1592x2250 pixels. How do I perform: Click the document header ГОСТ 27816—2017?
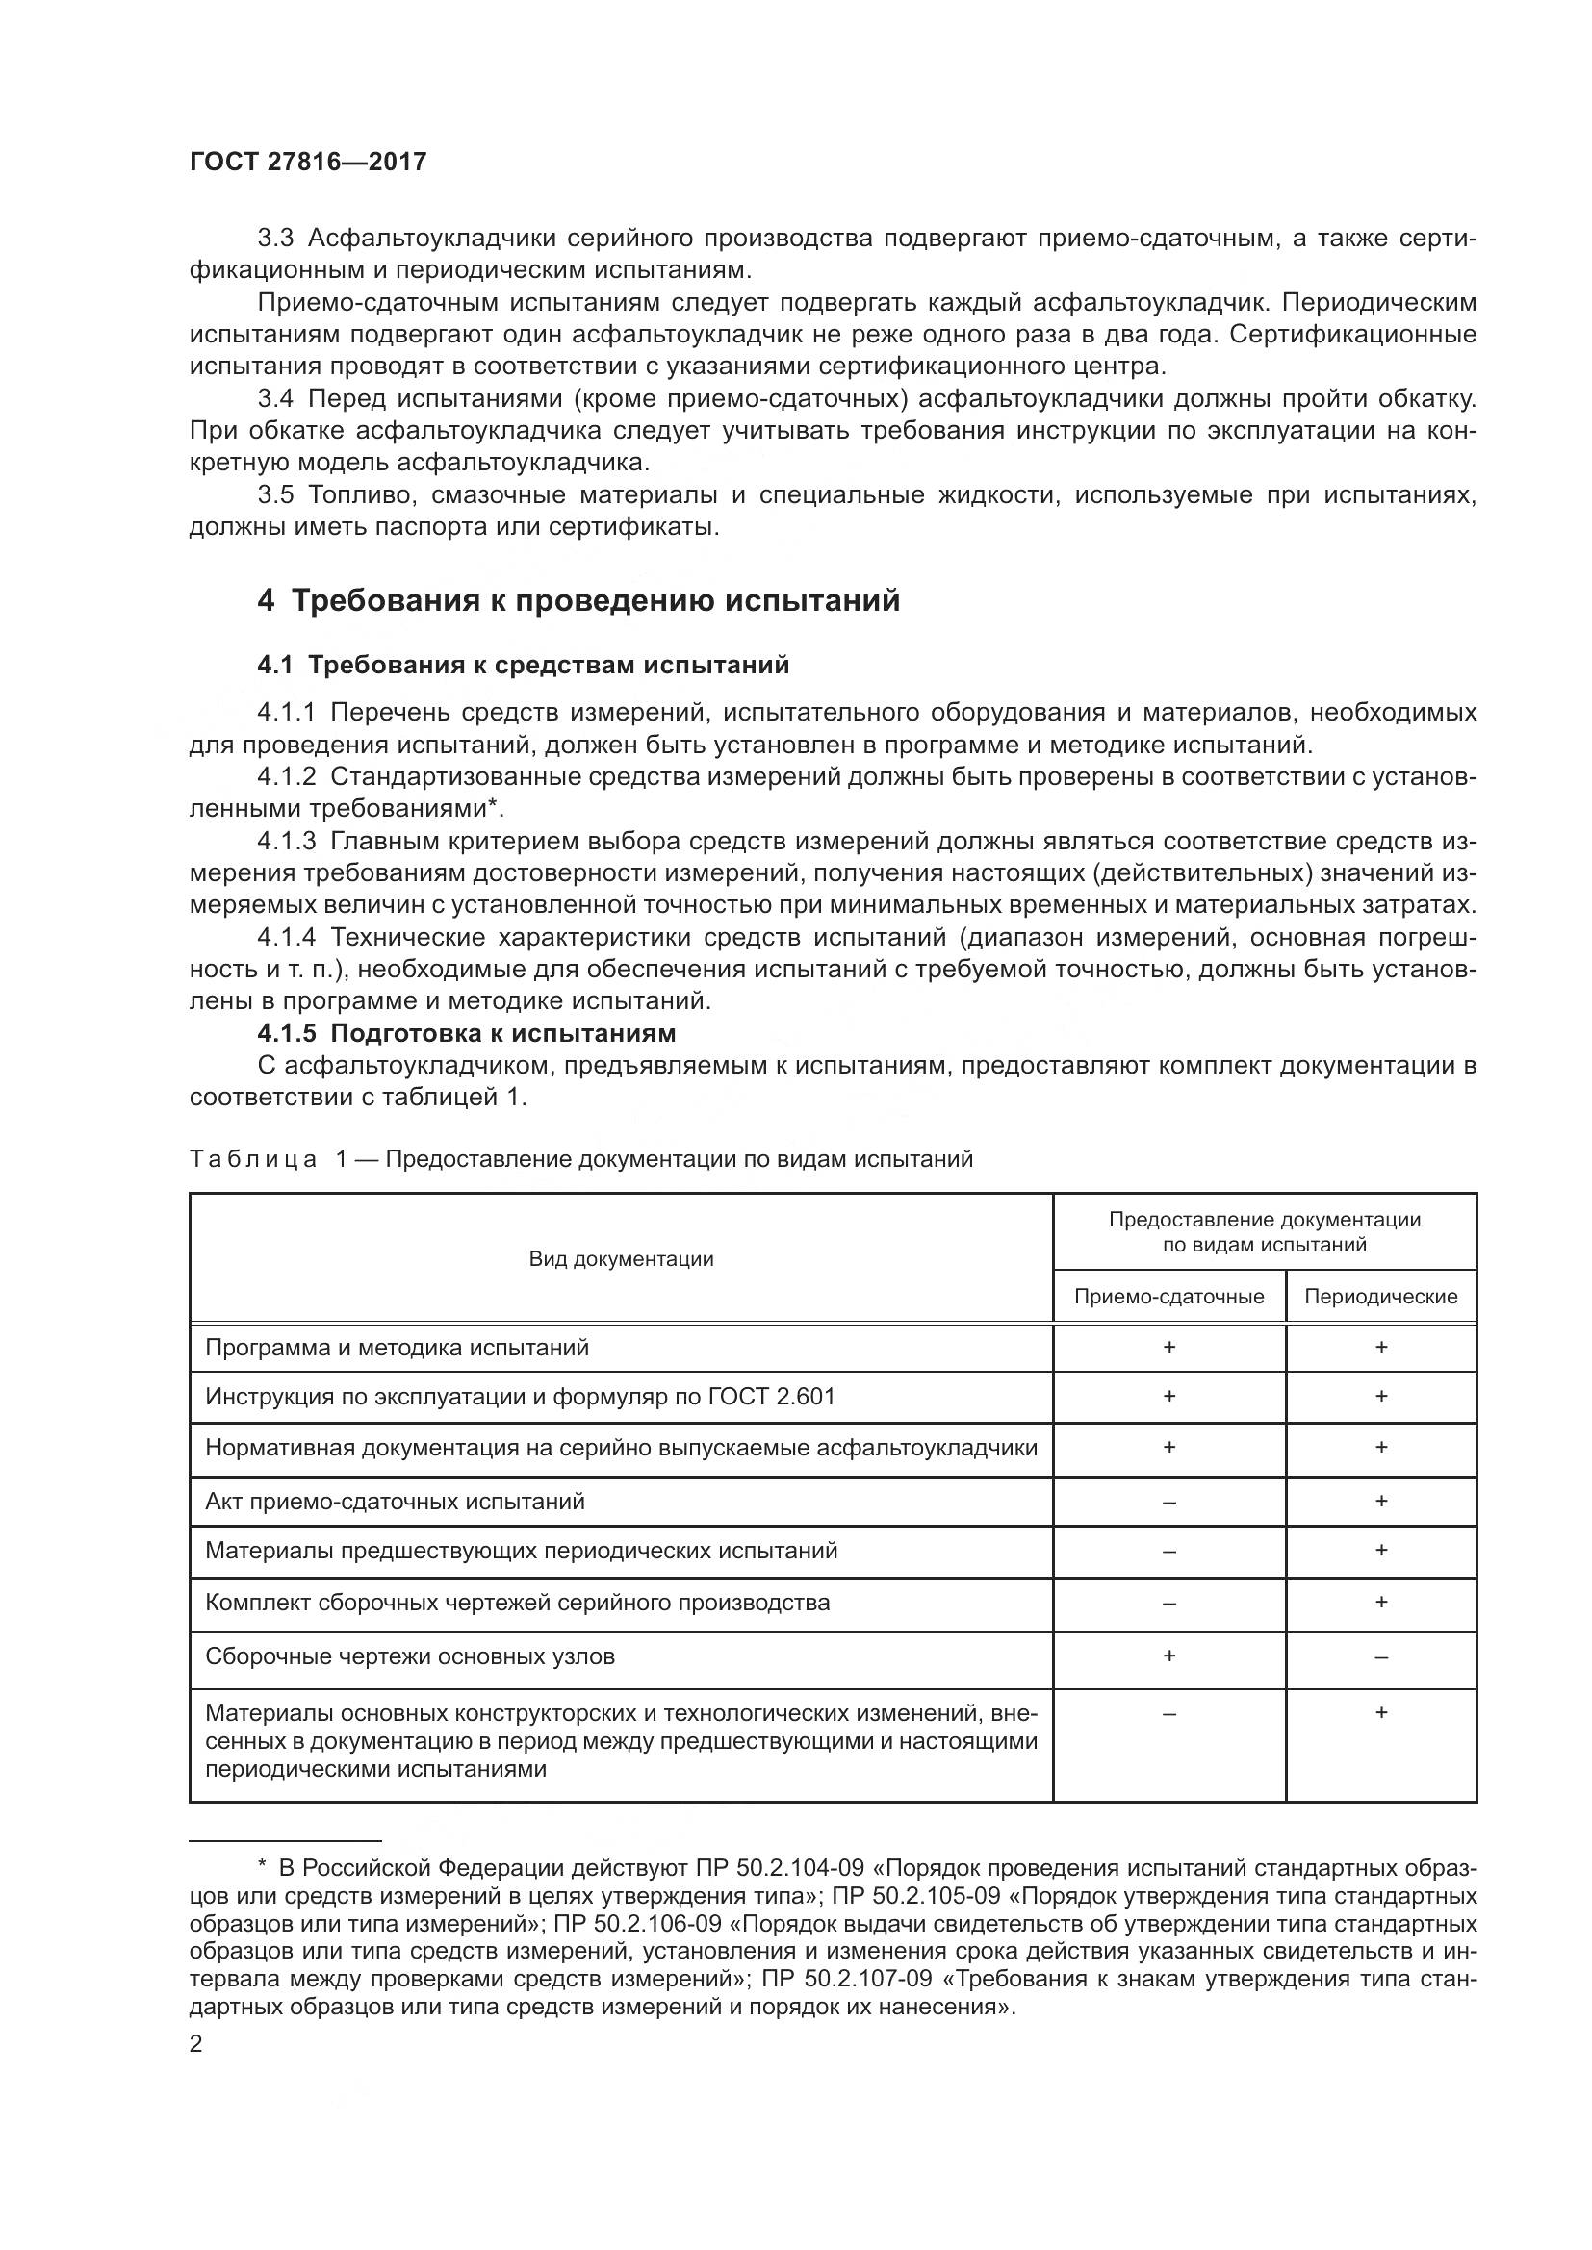click(308, 163)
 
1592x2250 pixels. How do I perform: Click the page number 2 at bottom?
click(196, 2044)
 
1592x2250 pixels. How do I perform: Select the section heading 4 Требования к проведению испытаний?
click(578, 600)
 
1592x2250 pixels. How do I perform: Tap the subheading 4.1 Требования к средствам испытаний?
click(524, 666)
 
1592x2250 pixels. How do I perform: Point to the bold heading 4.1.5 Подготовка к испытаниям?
click(467, 1033)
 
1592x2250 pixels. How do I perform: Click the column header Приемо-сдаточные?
click(1168, 1297)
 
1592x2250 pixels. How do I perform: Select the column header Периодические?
click(1380, 1297)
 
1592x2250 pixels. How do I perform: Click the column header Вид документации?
click(622, 1259)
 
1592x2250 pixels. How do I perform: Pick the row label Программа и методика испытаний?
click(397, 1348)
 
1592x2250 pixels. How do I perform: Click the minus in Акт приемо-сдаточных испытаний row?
click(1168, 1502)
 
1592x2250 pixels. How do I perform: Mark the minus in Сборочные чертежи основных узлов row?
click(1380, 1657)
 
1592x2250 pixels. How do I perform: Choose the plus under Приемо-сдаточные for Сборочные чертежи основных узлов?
click(1168, 1656)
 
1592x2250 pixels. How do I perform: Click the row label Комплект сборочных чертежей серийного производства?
click(518, 1603)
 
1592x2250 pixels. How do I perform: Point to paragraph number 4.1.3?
click(287, 841)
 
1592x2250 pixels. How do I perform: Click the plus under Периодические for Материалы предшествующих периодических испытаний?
click(1380, 1550)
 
